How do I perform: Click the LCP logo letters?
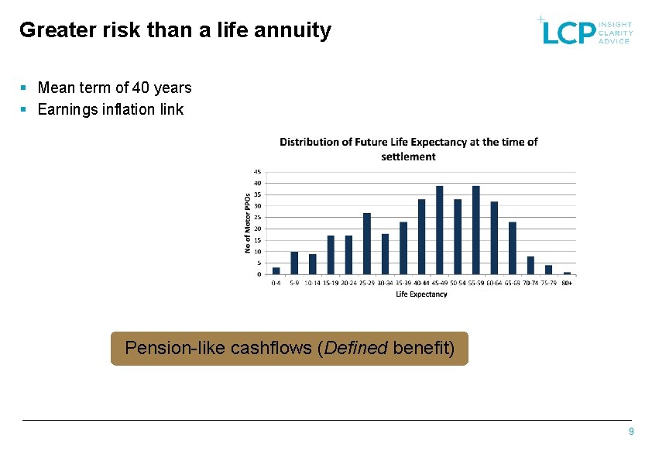tap(568, 32)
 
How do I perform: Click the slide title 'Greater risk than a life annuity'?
tap(175, 30)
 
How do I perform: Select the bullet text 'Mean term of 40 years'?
tap(115, 88)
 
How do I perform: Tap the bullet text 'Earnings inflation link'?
tap(111, 109)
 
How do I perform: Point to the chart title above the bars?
tap(408, 149)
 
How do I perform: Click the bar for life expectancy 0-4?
tap(276, 270)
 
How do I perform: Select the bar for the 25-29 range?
tap(367, 243)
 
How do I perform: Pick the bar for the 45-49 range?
tap(440, 230)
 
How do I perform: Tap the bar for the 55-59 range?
tap(475, 230)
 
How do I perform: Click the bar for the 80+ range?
tap(567, 273)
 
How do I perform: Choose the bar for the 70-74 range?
tap(530, 265)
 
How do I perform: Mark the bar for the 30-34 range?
tap(385, 253)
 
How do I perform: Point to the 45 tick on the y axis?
tap(257, 172)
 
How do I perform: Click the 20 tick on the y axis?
tap(257, 229)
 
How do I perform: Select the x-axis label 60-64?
tap(494, 284)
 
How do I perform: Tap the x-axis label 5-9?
tap(294, 284)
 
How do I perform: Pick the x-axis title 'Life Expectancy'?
tap(421, 294)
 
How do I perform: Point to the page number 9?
tap(631, 432)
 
